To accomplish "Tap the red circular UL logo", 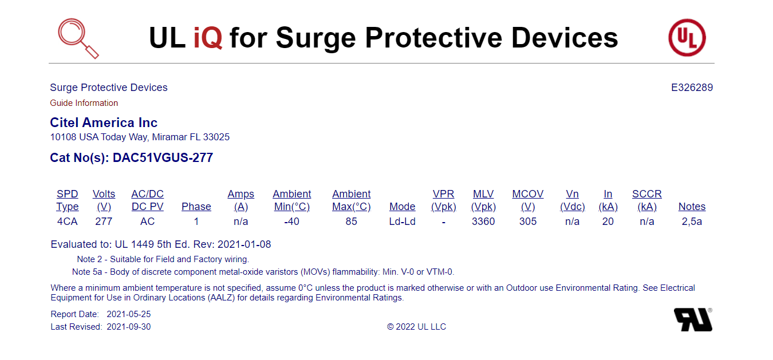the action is point(687,38).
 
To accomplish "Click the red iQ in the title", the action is point(208,38).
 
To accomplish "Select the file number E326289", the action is point(692,88).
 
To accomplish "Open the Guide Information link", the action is point(84,103).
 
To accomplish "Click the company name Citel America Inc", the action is point(104,122).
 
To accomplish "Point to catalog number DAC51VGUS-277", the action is point(163,157).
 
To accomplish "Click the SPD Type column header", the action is point(68,200).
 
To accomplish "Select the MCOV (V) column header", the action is point(527,200).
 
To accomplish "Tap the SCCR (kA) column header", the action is point(646,200).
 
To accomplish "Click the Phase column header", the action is point(196,207).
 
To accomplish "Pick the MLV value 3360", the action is point(483,221).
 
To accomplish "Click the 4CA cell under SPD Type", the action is point(68,221).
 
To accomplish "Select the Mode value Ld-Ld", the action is point(402,221).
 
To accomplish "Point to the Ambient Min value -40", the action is point(291,221).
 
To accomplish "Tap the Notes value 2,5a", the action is point(692,221).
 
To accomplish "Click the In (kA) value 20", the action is point(608,221).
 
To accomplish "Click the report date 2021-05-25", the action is point(129,314).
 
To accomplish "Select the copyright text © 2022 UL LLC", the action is point(416,327).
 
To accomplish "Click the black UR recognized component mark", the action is point(693,320).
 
